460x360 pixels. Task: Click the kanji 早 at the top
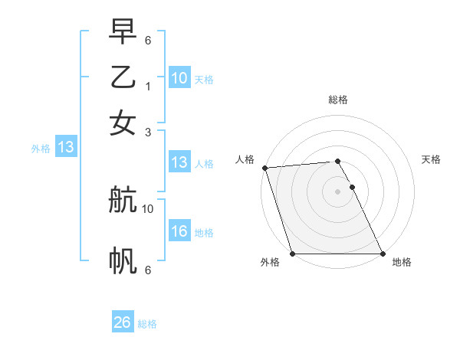click(123, 32)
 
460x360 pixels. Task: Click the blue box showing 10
click(179, 78)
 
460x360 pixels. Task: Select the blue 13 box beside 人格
click(179, 162)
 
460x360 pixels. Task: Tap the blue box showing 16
click(179, 232)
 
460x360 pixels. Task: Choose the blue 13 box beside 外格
click(65, 148)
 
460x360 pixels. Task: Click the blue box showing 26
click(122, 323)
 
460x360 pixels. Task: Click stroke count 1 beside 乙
click(147, 86)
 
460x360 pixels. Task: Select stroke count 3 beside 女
click(147, 131)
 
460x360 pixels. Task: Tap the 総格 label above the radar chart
click(338, 100)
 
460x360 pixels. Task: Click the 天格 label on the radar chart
click(432, 159)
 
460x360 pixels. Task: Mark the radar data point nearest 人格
click(264, 168)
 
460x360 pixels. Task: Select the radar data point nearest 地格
click(383, 254)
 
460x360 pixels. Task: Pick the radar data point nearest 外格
click(293, 254)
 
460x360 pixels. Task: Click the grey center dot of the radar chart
click(338, 191)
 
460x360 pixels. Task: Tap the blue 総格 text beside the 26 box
click(147, 324)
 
